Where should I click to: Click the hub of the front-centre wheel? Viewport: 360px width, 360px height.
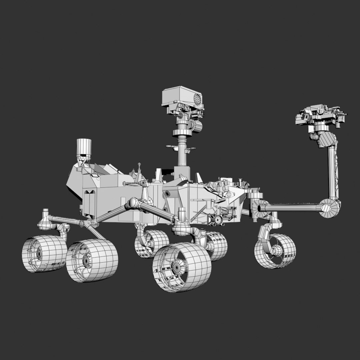point(176,267)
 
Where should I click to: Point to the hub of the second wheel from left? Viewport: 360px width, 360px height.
point(87,259)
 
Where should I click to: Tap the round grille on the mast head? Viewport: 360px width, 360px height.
point(198,99)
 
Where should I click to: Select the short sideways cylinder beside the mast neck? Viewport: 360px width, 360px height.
point(197,126)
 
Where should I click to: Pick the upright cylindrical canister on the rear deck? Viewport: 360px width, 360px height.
point(84,147)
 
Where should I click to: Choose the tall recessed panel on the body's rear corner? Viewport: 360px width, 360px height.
point(89,203)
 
